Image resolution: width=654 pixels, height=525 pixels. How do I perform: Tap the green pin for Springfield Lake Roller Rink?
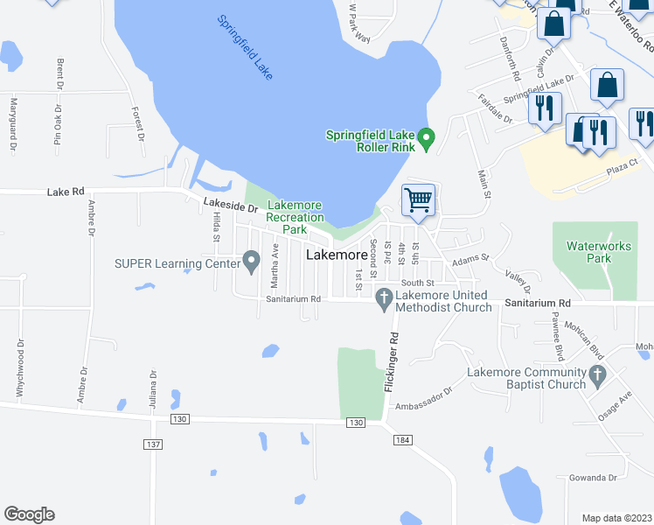(x=427, y=138)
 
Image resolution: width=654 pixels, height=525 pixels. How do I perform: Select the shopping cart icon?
(x=419, y=199)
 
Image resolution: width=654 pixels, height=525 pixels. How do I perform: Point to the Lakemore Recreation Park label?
(x=294, y=217)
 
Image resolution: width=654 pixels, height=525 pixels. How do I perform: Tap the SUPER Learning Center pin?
(x=252, y=260)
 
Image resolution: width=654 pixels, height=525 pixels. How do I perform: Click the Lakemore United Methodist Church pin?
(x=383, y=300)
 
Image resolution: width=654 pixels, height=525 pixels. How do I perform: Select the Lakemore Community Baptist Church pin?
(x=597, y=376)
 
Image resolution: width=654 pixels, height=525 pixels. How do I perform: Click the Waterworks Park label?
(x=599, y=252)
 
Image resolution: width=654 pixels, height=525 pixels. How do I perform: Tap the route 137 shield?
(x=153, y=444)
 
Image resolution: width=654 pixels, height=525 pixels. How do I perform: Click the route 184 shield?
(x=401, y=439)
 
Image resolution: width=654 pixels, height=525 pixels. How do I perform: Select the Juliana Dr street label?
(x=153, y=391)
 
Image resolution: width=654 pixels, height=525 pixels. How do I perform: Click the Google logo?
(x=29, y=514)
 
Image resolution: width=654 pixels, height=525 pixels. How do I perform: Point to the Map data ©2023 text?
(x=616, y=518)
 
